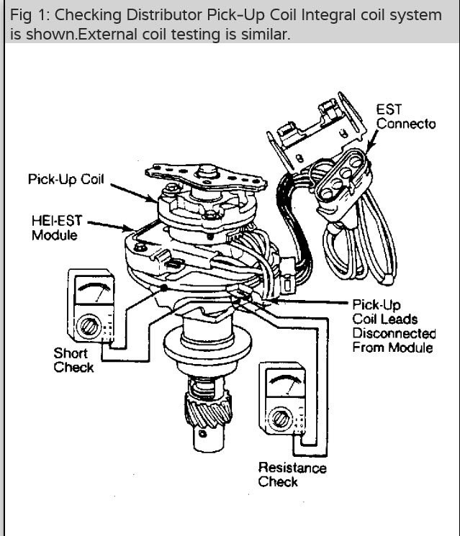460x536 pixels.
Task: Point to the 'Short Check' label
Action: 73,360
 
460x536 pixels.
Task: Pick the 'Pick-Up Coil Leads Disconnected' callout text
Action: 393,326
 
